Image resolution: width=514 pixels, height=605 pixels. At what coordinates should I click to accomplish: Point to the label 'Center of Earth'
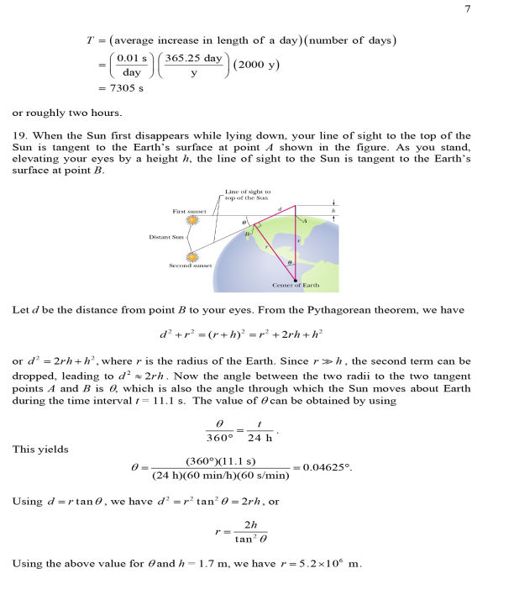pos(295,286)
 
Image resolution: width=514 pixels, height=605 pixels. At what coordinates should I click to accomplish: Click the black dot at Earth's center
pos(295,278)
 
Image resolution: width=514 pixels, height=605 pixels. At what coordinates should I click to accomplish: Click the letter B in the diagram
pos(247,234)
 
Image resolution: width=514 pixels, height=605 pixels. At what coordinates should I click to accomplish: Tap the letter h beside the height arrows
pos(333,210)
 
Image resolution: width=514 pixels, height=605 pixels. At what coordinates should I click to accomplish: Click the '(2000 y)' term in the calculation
pos(251,65)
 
